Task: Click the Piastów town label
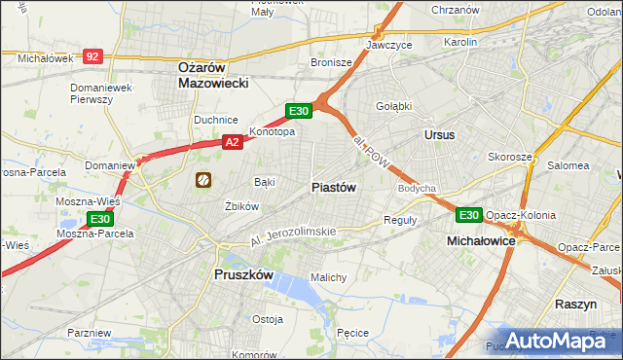(333, 187)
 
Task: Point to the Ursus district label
(439, 134)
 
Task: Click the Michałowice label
(480, 239)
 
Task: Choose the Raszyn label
(575, 304)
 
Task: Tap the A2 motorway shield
(232, 142)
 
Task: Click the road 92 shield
(92, 57)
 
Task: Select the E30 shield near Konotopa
(298, 112)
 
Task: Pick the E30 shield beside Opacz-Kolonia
(469, 215)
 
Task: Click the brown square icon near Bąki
(204, 179)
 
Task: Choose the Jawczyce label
(388, 45)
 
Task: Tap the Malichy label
(328, 277)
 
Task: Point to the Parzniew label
(90, 333)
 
